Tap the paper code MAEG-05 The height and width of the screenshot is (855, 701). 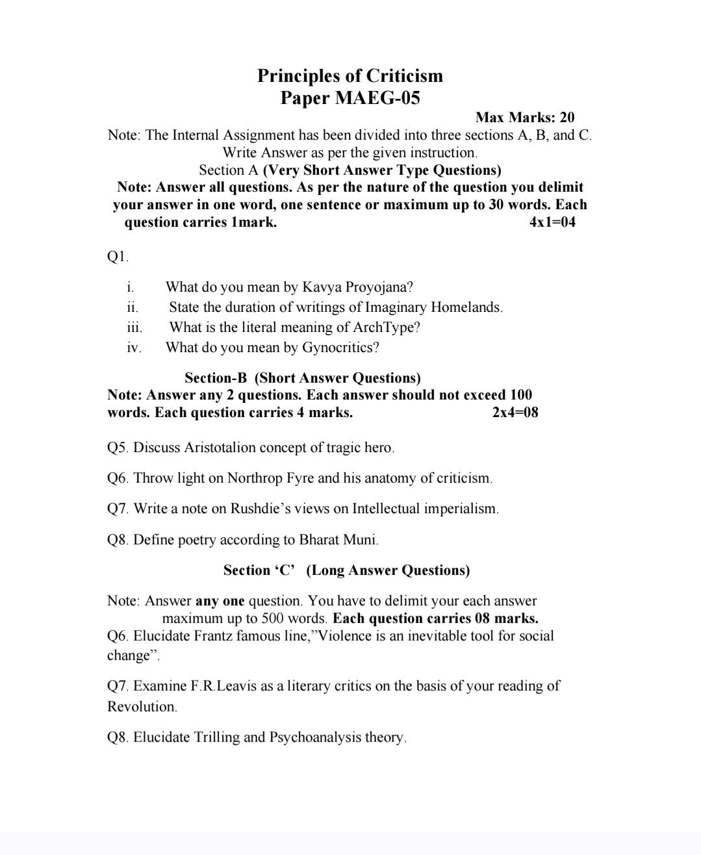tap(377, 98)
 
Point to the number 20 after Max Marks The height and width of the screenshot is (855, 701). tap(567, 118)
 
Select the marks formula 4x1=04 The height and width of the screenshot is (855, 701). tap(552, 222)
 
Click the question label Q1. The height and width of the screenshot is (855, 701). tap(118, 257)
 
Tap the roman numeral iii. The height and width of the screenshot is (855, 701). tap(134, 327)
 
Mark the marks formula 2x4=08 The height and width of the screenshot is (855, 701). tap(515, 413)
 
